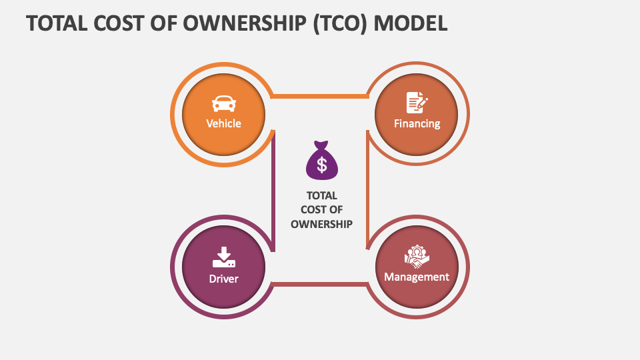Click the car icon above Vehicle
click(x=223, y=103)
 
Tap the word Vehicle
click(x=223, y=123)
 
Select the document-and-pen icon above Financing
click(x=417, y=103)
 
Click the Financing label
click(x=417, y=123)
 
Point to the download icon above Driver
click(x=223, y=257)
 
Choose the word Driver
click(x=223, y=279)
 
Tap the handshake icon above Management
click(x=417, y=257)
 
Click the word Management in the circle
click(x=417, y=277)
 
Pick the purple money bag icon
click(x=321, y=161)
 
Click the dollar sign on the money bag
click(x=321, y=165)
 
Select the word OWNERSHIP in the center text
click(x=321, y=224)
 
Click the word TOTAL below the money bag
click(x=321, y=196)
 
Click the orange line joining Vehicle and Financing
click(x=320, y=97)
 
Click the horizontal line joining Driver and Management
click(x=320, y=285)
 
